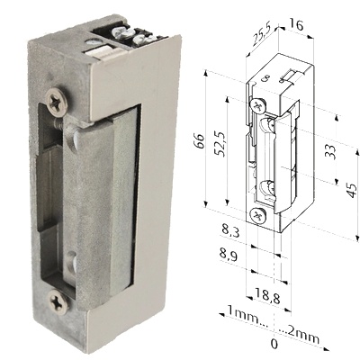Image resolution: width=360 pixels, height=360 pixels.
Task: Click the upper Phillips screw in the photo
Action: click(x=57, y=98)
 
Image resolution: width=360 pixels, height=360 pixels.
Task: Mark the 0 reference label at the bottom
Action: click(x=274, y=344)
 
